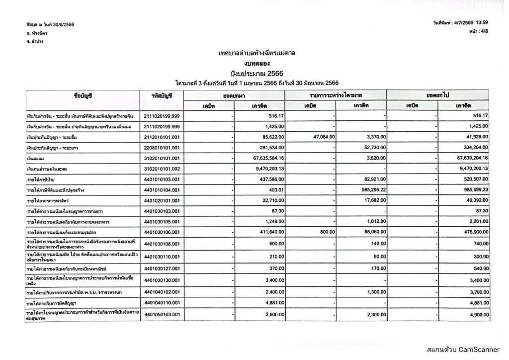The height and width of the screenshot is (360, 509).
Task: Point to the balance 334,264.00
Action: (472, 147)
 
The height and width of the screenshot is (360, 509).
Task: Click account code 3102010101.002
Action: (161, 170)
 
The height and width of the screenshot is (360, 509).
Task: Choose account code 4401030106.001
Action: (161, 232)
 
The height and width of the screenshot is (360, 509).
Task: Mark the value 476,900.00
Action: (472, 232)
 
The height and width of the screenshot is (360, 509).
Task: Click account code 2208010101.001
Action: (161, 147)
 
